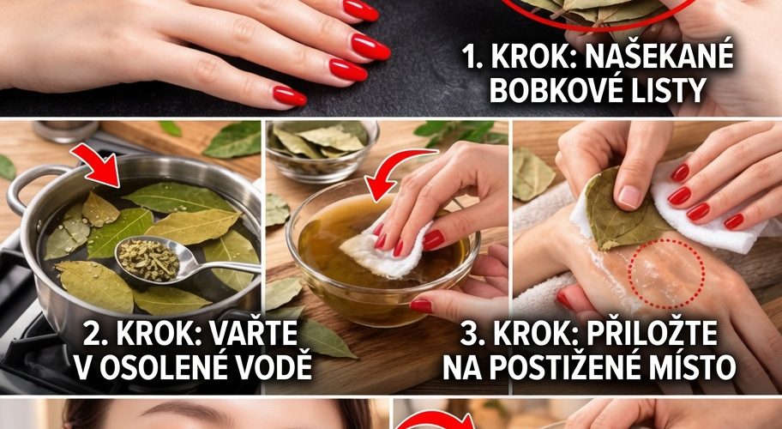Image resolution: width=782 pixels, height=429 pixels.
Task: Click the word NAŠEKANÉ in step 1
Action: [x=659, y=57]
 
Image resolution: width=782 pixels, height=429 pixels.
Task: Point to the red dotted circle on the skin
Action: [x=666, y=273]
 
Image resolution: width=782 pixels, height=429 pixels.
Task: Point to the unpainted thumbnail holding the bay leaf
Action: [x=629, y=197]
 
